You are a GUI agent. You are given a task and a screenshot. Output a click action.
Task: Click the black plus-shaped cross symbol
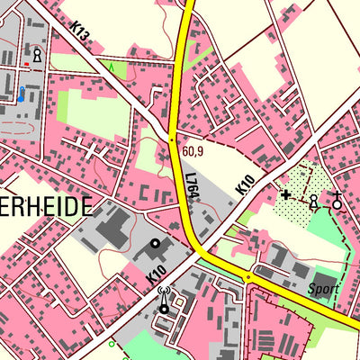(x=286, y=193)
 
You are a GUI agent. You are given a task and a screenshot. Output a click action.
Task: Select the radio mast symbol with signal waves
(x=164, y=301)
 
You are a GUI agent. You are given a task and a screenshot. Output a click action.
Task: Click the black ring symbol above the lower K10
(x=155, y=243)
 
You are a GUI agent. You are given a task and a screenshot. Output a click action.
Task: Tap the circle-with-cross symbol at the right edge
(x=337, y=202)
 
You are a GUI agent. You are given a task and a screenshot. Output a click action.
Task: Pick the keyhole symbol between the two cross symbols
(x=312, y=202)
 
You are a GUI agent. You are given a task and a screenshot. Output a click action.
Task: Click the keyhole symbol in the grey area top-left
(x=37, y=56)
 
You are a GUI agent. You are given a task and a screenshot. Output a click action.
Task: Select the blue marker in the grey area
(x=20, y=94)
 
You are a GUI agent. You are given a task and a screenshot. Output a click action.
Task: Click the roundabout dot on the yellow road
(x=247, y=278)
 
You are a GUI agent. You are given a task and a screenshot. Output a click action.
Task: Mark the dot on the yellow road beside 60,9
(x=173, y=140)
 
